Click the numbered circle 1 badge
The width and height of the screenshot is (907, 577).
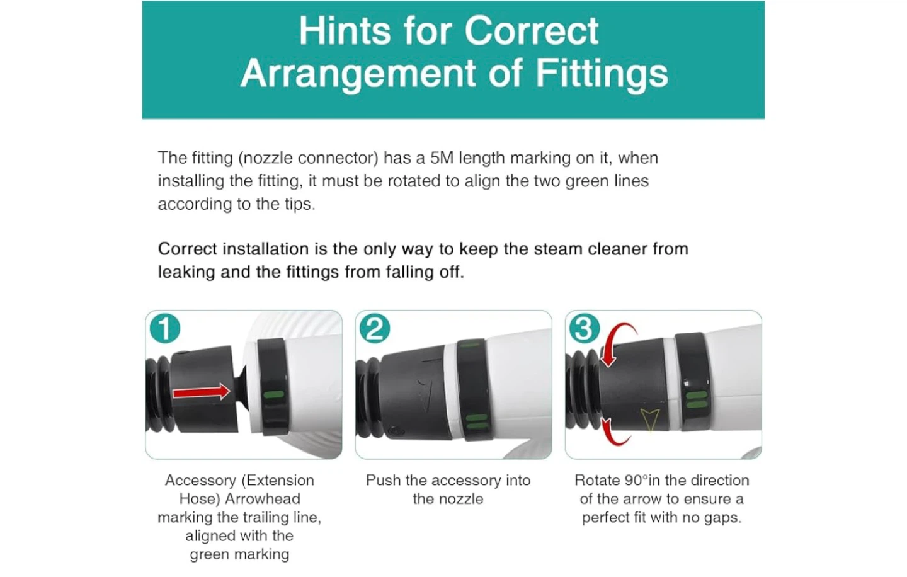[x=165, y=328]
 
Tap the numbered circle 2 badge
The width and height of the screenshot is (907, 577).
[x=375, y=328]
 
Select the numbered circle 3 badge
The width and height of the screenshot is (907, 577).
[x=585, y=328]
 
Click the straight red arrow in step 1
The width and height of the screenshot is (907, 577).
[x=202, y=392]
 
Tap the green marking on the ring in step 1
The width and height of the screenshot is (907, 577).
[x=274, y=394]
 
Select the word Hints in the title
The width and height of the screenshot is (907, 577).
[x=345, y=31]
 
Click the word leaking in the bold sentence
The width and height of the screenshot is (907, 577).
[x=186, y=272]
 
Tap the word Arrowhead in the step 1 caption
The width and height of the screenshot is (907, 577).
[x=263, y=498]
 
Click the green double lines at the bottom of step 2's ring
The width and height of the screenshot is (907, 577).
[x=477, y=421]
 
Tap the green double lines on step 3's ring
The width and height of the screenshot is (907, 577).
[x=697, y=399]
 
